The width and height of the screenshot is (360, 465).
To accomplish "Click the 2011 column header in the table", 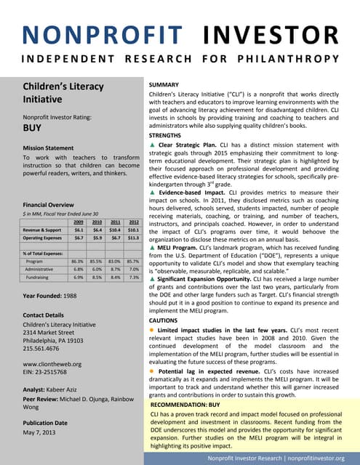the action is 113,222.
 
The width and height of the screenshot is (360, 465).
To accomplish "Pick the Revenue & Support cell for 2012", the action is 132,229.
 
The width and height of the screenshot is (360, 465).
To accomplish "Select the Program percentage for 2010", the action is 96,260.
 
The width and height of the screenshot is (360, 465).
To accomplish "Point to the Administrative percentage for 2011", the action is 115,269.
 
